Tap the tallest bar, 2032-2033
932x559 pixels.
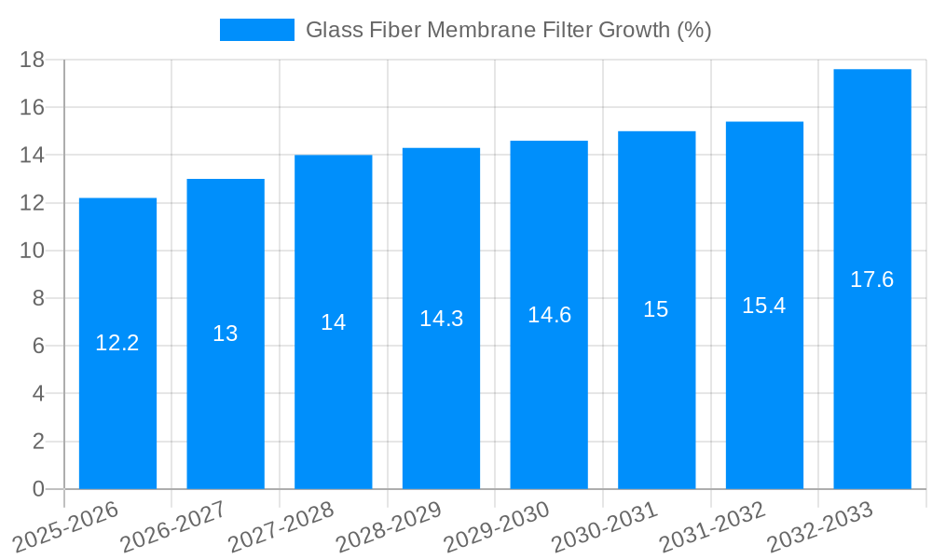point(872,373)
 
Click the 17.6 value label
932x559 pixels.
point(872,279)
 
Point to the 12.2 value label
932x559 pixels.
point(117,343)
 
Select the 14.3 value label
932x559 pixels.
point(441,319)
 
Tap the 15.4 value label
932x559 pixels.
point(764,306)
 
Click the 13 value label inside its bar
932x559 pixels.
point(226,334)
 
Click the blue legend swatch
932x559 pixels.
point(256,30)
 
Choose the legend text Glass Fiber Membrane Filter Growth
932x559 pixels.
point(508,30)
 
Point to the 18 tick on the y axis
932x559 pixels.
point(33,60)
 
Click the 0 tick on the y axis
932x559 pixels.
point(38,489)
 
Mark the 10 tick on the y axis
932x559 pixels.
point(33,251)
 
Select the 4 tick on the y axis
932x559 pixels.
point(38,393)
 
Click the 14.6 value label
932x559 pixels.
point(549,315)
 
